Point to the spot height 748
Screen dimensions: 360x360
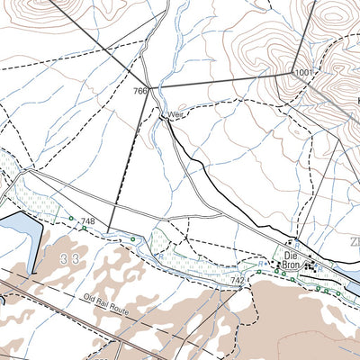click(87, 221)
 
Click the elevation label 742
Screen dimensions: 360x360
click(237, 281)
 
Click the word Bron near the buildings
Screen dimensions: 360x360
click(290, 265)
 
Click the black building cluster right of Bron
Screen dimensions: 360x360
click(311, 266)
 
